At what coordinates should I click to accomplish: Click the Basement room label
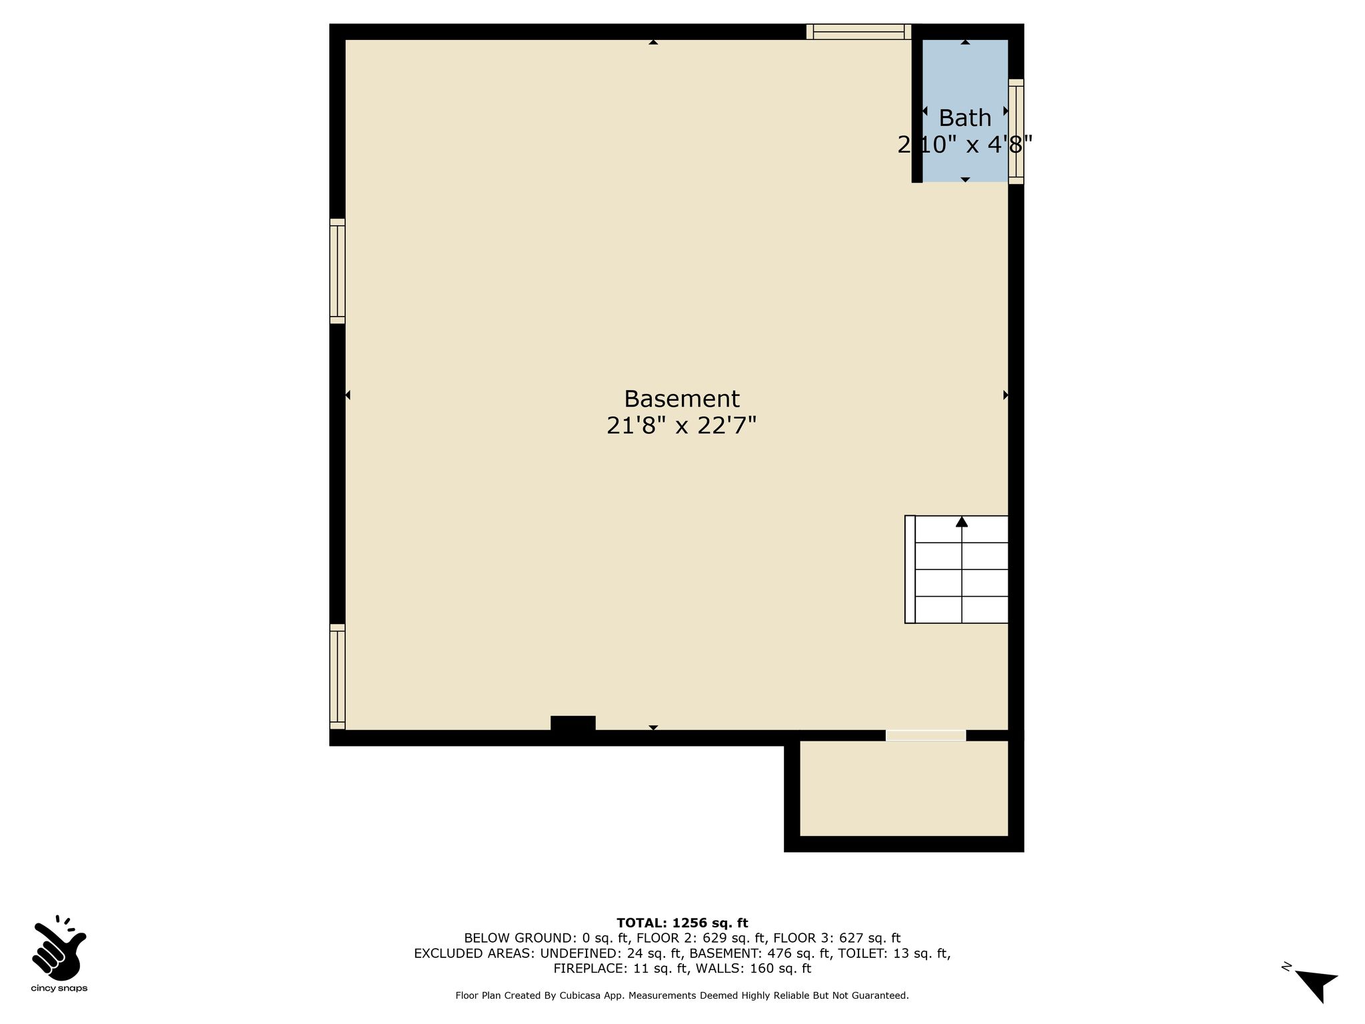(681, 399)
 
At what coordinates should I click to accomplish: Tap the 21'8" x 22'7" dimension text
(681, 425)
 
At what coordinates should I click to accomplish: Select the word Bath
(964, 118)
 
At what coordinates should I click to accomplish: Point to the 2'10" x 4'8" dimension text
(964, 145)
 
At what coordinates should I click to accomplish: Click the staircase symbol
(956, 569)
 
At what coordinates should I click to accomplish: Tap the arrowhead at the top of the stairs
(961, 521)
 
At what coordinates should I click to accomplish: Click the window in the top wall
(858, 31)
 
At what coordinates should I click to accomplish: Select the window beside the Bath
(1016, 131)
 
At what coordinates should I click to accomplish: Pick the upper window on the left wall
(337, 271)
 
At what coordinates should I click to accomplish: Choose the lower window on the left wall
(337, 677)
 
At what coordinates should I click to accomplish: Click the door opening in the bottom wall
(926, 735)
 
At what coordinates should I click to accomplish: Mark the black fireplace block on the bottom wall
(573, 723)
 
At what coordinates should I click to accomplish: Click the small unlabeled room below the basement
(904, 788)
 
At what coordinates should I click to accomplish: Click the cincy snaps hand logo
(59, 947)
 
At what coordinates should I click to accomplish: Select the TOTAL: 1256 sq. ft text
(682, 923)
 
